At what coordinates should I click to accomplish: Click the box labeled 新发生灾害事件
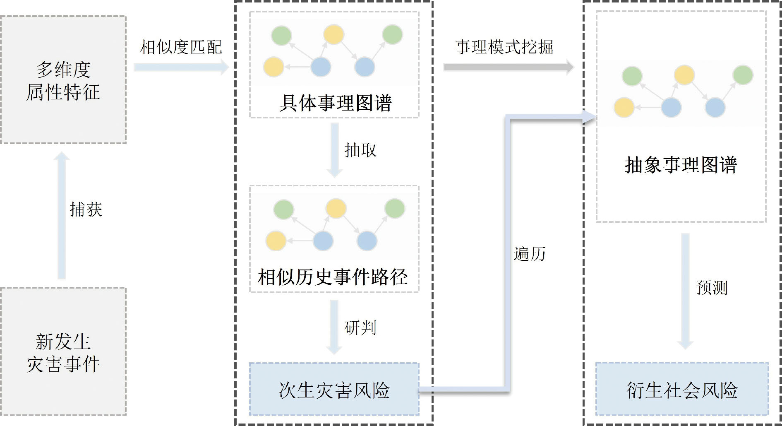pyautogui.click(x=63, y=352)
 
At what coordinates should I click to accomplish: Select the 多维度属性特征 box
pyautogui.click(x=63, y=80)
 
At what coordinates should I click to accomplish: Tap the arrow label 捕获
pyautogui.click(x=86, y=209)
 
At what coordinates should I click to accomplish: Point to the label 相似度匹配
pyautogui.click(x=181, y=47)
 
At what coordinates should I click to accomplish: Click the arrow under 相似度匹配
pyautogui.click(x=181, y=67)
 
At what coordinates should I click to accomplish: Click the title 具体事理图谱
pyautogui.click(x=335, y=103)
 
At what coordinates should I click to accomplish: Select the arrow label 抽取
pyautogui.click(x=360, y=150)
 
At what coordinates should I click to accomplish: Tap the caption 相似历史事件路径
pyautogui.click(x=333, y=277)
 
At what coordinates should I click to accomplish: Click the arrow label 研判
pyautogui.click(x=360, y=328)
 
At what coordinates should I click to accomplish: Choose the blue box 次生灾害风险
pyautogui.click(x=334, y=390)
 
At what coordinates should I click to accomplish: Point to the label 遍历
pyautogui.click(x=530, y=254)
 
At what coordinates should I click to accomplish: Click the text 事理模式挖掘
pyautogui.click(x=504, y=47)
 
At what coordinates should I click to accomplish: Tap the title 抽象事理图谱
pyautogui.click(x=681, y=165)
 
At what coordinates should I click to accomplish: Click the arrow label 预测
pyautogui.click(x=712, y=287)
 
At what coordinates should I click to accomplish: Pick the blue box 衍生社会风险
pyautogui.click(x=682, y=390)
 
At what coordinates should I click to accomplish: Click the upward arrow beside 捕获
pyautogui.click(x=62, y=215)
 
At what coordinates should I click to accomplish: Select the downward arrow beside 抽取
pyautogui.click(x=334, y=150)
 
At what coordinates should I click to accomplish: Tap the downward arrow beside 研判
pyautogui.click(x=334, y=327)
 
